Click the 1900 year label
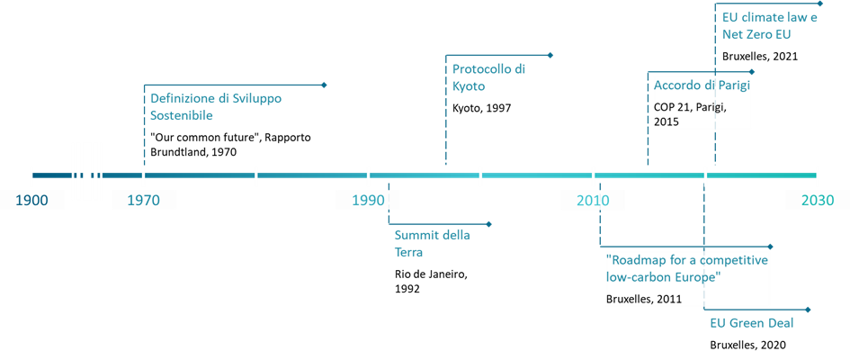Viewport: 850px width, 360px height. coord(32,200)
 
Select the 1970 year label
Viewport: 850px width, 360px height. coord(144,200)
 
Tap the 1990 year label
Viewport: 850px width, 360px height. coord(368,200)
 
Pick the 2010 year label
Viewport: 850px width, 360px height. coord(593,200)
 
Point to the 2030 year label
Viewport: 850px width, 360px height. coord(817,200)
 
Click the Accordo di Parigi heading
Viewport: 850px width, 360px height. coord(702,85)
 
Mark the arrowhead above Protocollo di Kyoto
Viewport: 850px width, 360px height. coord(550,56)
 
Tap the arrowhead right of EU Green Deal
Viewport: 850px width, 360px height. coord(809,310)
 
